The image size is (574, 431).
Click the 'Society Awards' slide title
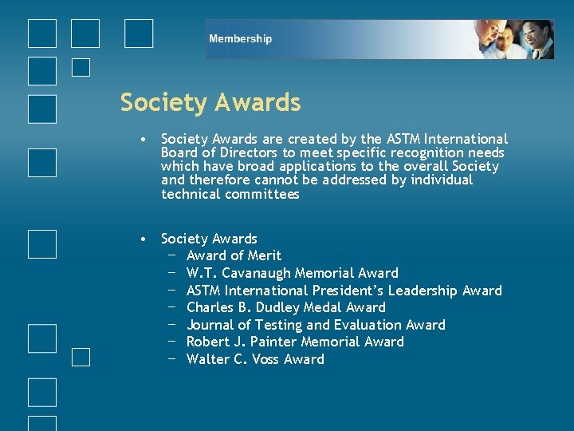pos(210,103)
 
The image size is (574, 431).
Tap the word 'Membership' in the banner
pos(240,39)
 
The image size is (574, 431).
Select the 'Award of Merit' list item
pos(234,256)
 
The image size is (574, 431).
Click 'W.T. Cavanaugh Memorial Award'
pos(292,274)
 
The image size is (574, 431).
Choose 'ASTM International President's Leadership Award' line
pos(344,291)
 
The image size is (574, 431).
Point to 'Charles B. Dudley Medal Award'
pos(285,308)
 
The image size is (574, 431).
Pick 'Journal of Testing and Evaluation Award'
pos(316,325)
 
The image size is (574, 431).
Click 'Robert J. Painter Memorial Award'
pos(295,342)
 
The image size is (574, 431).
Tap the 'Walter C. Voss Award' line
pos(255,360)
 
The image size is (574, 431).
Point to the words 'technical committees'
pos(230,195)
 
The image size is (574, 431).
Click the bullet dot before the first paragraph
pos(140,140)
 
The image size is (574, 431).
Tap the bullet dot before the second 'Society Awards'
pos(140,239)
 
